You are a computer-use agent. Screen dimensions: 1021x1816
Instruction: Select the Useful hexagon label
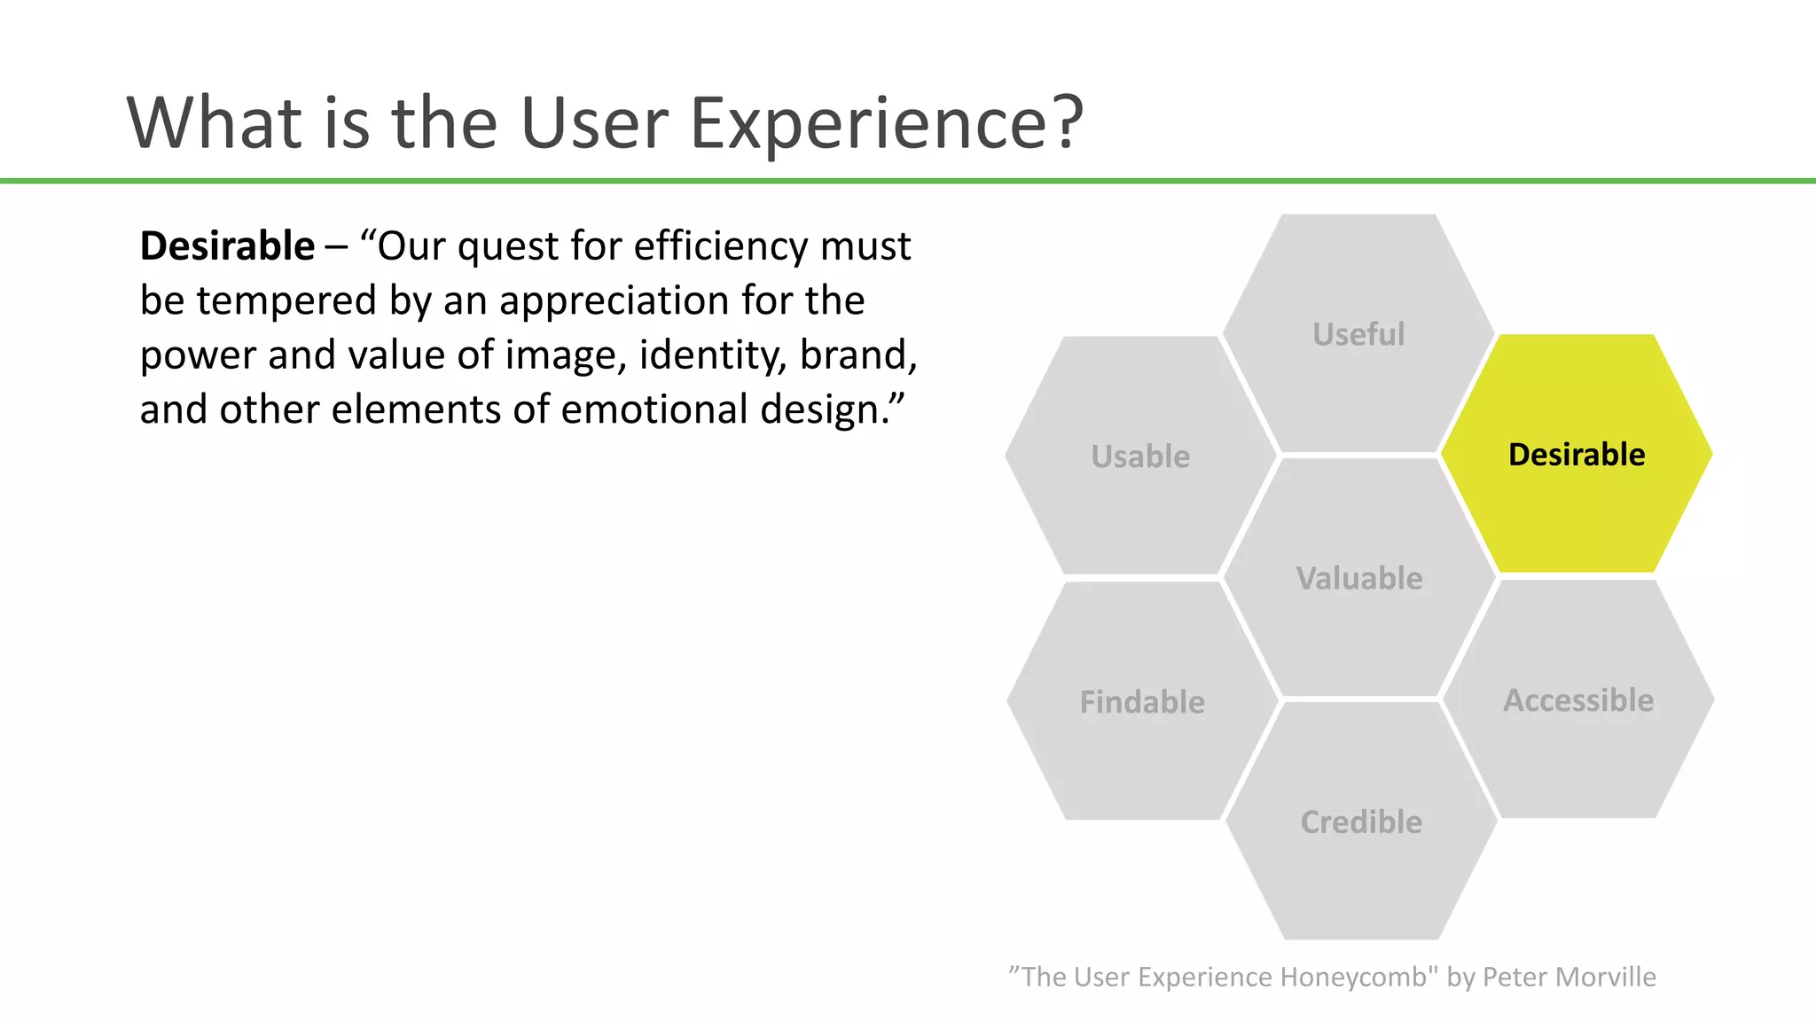point(1358,335)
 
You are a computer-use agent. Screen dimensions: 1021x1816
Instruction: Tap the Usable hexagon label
point(1140,456)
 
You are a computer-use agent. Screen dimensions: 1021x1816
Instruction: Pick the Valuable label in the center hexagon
point(1359,579)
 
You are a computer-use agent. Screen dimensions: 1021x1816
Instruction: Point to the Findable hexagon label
point(1142,702)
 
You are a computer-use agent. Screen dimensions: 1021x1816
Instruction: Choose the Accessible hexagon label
point(1578,700)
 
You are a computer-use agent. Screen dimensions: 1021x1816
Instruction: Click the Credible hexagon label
point(1361,822)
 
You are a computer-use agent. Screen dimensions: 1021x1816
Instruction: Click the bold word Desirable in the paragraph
point(227,246)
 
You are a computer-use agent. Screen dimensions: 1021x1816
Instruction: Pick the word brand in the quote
point(857,355)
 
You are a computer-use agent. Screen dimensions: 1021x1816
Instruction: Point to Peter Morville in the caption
point(1569,977)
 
